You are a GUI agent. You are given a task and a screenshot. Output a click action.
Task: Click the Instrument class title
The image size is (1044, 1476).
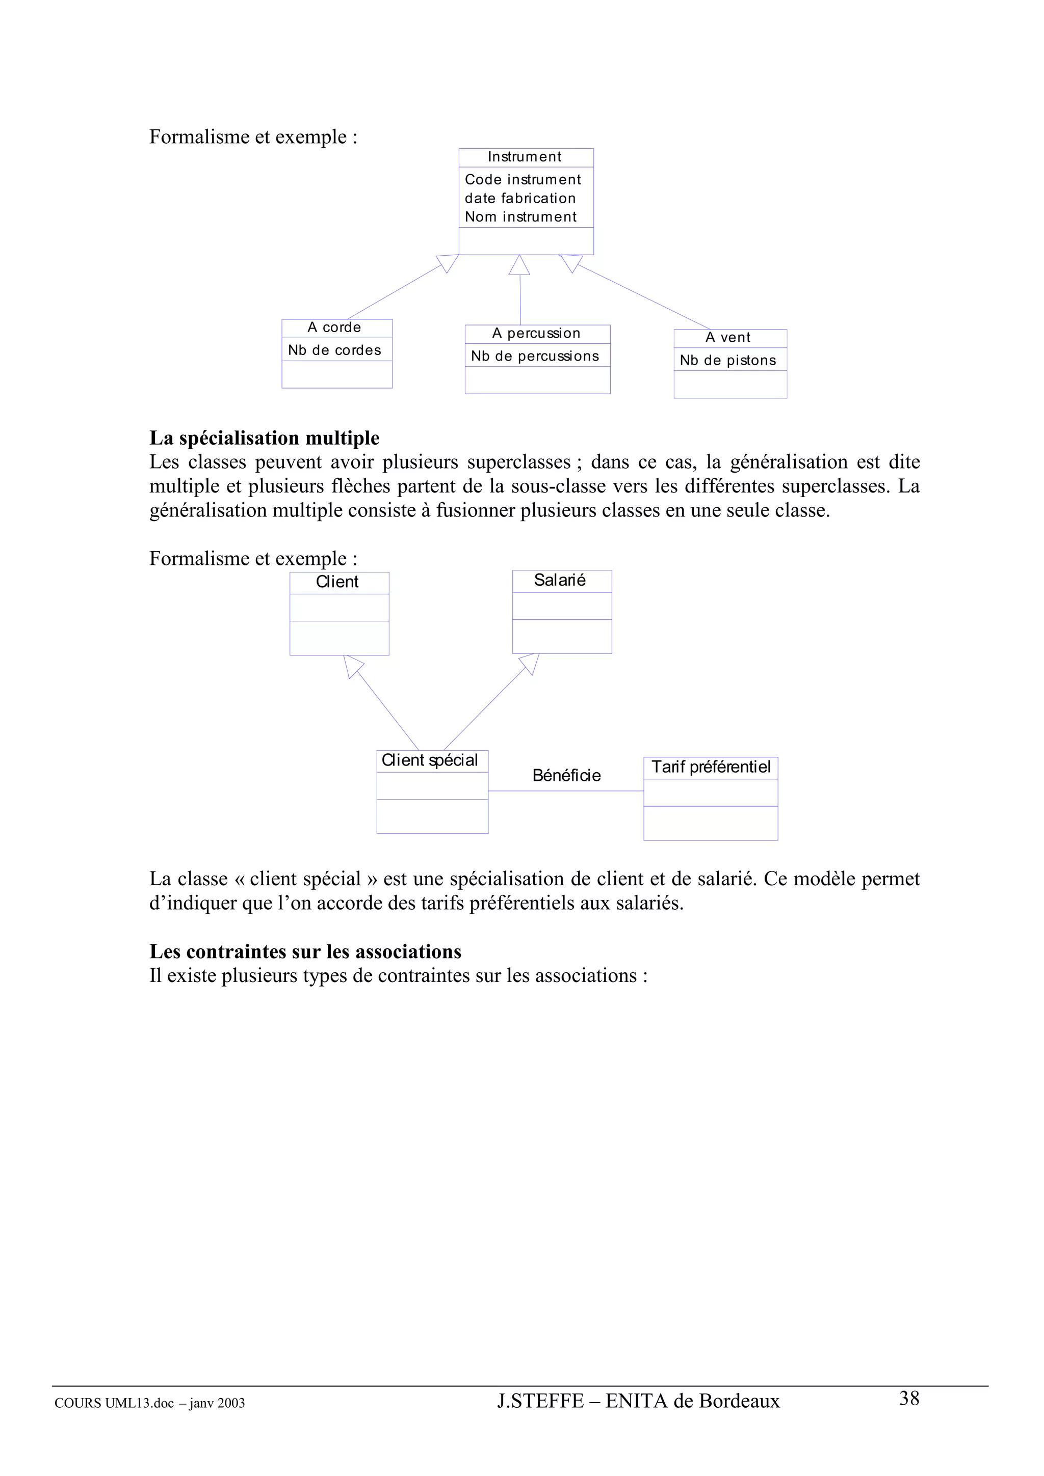pos(524,157)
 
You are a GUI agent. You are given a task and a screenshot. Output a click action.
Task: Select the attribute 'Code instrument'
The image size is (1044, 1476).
pos(523,179)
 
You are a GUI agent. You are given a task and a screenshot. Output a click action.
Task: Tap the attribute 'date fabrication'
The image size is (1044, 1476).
pos(520,198)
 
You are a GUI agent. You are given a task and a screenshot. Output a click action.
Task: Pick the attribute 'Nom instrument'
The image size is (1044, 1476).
pos(520,216)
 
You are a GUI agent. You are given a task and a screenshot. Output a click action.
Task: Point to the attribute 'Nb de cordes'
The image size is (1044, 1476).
pos(334,350)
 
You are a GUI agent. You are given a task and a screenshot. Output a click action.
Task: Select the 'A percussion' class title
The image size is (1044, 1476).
pos(536,333)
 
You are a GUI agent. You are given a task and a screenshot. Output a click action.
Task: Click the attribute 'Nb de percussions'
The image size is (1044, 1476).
pos(535,356)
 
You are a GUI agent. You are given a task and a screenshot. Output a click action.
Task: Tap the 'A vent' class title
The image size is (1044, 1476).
pos(727,338)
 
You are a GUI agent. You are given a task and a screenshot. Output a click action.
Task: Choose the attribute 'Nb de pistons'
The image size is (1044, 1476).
pos(727,361)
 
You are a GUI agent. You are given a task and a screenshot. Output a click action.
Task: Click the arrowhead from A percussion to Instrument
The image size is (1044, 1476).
pos(519,265)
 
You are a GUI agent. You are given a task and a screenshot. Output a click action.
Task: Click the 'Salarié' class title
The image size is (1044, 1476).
pos(560,581)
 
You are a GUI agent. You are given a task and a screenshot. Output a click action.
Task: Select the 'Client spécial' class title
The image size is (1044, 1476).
pos(430,760)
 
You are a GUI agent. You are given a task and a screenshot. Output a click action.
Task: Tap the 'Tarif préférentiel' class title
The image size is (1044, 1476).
pos(710,767)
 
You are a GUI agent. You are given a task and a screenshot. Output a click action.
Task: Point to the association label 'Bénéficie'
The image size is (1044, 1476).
pos(566,775)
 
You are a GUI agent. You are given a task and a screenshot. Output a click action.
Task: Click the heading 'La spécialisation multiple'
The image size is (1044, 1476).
pos(265,438)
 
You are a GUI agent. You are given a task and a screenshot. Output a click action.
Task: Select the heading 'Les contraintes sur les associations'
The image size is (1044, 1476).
pos(305,951)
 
